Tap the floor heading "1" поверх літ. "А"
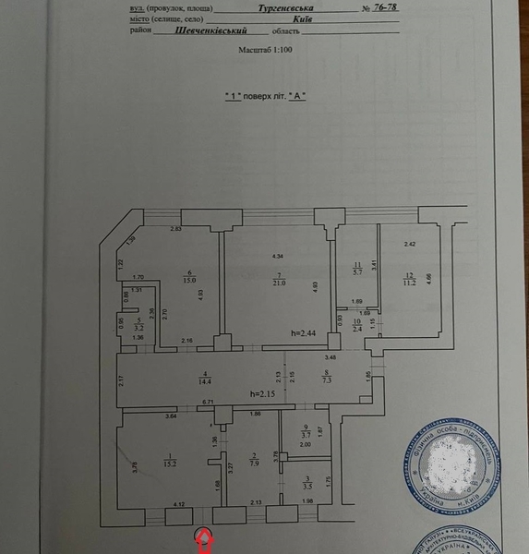pyautogui.click(x=265, y=96)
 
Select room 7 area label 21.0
pyautogui.click(x=278, y=283)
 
